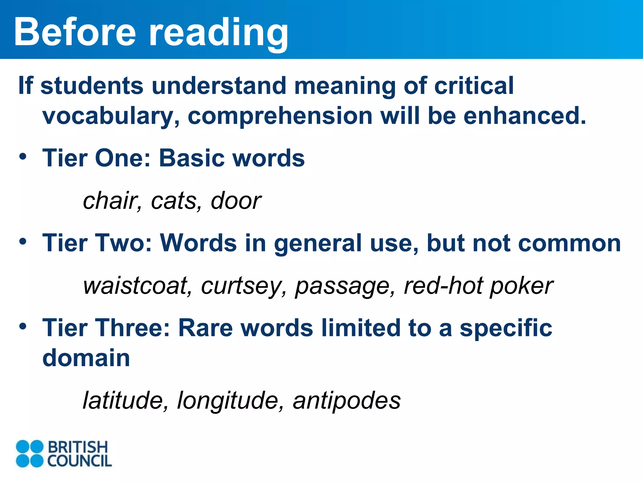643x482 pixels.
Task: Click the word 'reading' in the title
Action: [219, 33]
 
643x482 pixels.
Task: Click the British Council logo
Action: [64, 453]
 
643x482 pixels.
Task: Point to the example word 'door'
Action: [236, 201]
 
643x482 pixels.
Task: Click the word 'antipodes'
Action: [347, 401]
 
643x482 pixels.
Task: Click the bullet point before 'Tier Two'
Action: [23, 242]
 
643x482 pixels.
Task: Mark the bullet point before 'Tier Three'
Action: [23, 326]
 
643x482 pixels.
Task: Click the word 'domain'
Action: [86, 358]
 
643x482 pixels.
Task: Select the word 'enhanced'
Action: [525, 115]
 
